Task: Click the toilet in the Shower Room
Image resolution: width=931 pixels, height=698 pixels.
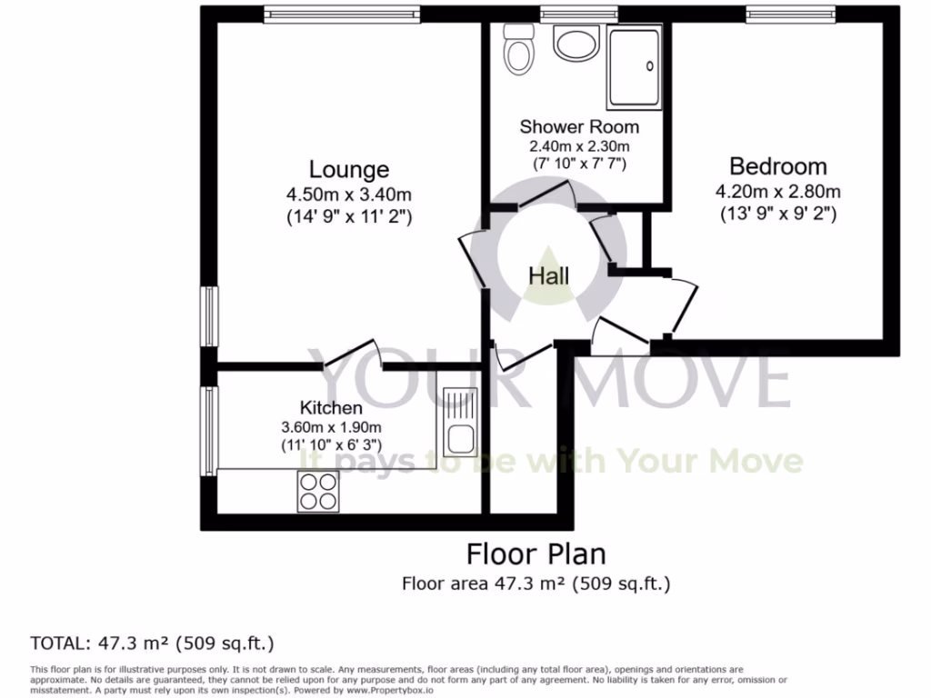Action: [520, 50]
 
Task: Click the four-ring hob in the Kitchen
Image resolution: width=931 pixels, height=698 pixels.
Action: [317, 491]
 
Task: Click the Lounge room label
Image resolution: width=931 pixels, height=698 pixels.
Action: [349, 169]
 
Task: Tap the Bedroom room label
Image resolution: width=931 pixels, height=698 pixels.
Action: [778, 166]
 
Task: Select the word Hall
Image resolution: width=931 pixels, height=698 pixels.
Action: [549, 275]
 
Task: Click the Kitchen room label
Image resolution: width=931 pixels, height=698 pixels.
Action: [331, 408]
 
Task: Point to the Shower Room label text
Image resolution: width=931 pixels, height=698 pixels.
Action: [579, 126]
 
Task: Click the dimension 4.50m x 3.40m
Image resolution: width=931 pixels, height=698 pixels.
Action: [349, 194]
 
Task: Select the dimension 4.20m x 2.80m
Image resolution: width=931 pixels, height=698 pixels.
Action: [778, 192]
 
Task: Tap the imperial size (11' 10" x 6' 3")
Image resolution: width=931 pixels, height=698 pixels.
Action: [331, 446]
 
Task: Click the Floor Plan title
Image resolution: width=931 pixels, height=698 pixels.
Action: [536, 553]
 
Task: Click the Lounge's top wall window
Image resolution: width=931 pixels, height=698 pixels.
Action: [343, 12]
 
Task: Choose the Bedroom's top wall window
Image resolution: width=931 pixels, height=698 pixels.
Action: [790, 12]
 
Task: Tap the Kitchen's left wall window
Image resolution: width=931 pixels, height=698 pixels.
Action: [209, 430]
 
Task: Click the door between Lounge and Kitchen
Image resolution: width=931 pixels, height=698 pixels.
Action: [351, 355]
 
